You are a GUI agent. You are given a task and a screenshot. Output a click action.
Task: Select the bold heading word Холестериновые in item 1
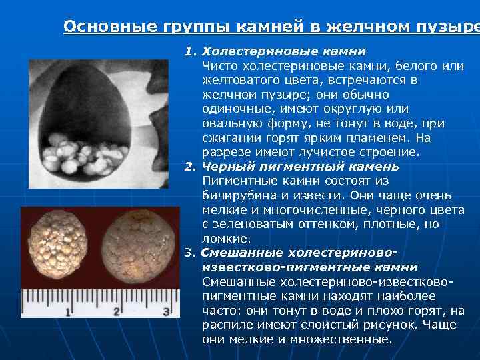pyautogui.click(x=245, y=51)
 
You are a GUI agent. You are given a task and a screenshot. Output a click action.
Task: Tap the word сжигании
pyautogui.click(x=229, y=138)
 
